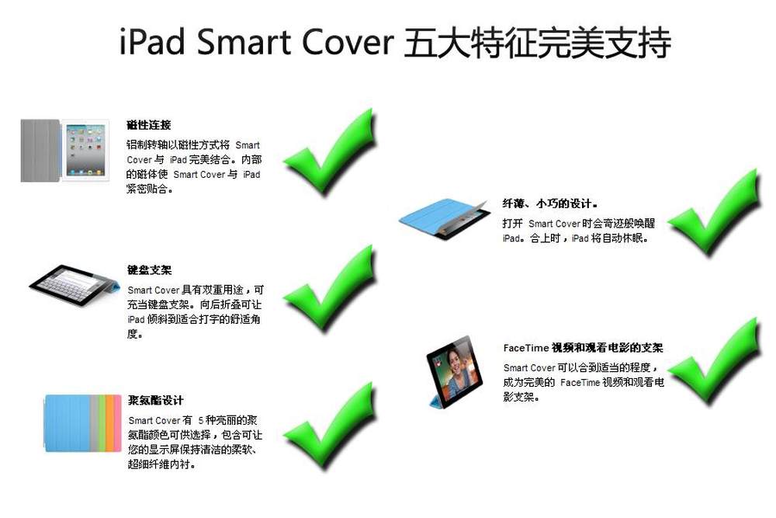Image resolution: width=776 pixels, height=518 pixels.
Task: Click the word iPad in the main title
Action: (152, 42)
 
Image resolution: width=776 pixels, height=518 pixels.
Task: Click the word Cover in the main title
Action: (348, 42)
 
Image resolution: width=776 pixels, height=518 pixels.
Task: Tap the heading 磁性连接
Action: (148, 125)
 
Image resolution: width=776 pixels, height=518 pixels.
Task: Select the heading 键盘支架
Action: (150, 270)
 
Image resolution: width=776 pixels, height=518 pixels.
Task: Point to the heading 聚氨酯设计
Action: (156, 400)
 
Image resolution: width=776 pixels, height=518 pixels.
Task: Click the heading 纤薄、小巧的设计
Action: (550, 203)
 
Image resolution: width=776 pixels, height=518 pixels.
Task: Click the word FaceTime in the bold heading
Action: (526, 348)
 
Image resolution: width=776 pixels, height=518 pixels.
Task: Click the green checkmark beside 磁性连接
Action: (329, 154)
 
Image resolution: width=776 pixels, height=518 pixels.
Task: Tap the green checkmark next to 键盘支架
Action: (329, 290)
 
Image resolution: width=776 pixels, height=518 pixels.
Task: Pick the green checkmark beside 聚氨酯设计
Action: (329, 426)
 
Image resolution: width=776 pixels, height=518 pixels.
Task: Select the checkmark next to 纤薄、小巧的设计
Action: (714, 213)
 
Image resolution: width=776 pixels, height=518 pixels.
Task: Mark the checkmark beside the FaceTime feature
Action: (714, 361)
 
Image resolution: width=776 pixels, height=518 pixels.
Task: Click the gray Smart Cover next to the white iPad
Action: (40, 151)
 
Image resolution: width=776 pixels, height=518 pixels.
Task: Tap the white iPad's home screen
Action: (85, 150)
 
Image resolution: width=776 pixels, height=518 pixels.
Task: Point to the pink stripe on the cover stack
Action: (118, 423)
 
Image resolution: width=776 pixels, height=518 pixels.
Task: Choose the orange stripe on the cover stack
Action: (110, 423)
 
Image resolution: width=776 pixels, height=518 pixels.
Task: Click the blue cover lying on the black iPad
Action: (435, 217)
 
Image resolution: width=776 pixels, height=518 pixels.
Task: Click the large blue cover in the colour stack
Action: (68, 423)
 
